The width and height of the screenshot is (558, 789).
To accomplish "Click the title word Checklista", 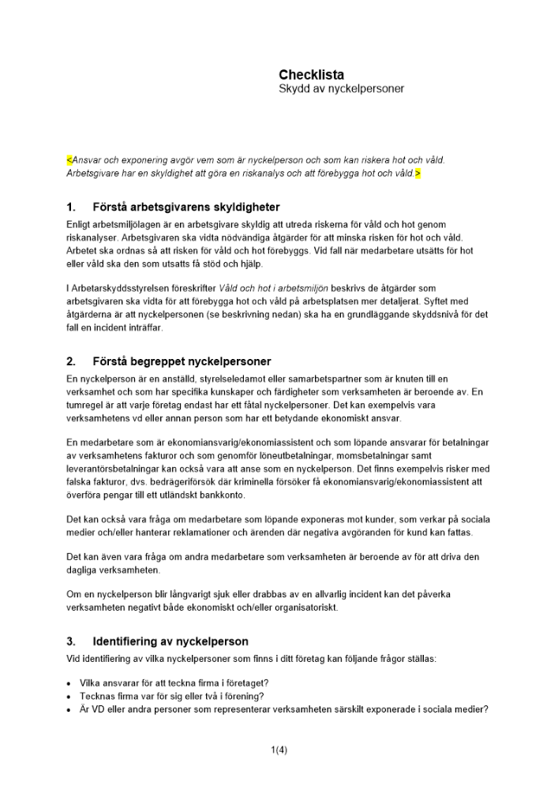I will pos(311,75).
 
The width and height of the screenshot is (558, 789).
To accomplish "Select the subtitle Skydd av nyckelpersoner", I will pos(341,89).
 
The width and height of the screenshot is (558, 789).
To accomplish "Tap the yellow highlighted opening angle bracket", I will pos(69,159).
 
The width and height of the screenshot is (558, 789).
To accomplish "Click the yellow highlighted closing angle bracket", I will pos(418,173).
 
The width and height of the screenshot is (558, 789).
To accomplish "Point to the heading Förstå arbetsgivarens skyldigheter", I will pos(185,208).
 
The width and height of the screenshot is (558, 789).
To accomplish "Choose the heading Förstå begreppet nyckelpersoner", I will pos(182,362).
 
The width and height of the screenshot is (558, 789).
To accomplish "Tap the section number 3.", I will pos(71,641).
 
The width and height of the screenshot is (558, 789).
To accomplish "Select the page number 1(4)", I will pos(279,750).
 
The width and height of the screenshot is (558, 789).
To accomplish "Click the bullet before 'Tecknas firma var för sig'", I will pos(71,696).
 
